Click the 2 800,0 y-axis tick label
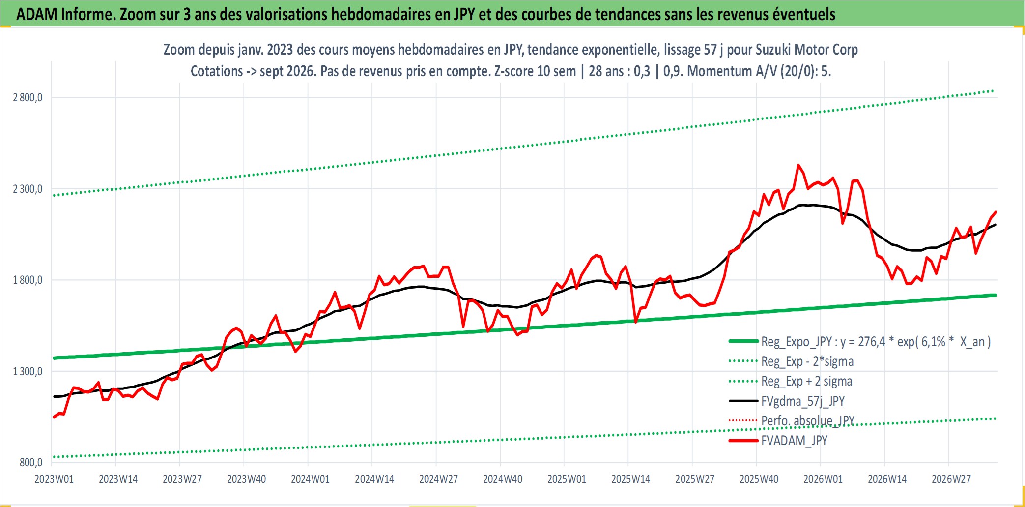(28, 97)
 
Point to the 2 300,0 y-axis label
(28, 189)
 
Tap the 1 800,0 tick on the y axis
(28, 280)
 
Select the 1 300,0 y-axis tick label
(28, 371)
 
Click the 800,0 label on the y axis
(31, 462)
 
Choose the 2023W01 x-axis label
(54, 479)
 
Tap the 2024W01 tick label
(310, 479)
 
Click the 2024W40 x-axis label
(503, 479)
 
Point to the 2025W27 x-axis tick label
(695, 479)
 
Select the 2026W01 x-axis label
(823, 479)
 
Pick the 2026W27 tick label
(951, 479)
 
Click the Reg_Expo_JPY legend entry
(860, 342)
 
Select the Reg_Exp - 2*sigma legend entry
(792, 361)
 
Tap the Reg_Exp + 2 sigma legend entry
(791, 381)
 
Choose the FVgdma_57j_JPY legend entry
(787, 401)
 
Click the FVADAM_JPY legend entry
(778, 440)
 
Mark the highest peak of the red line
(798, 165)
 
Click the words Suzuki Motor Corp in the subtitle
(807, 50)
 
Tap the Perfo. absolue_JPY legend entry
(792, 420)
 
